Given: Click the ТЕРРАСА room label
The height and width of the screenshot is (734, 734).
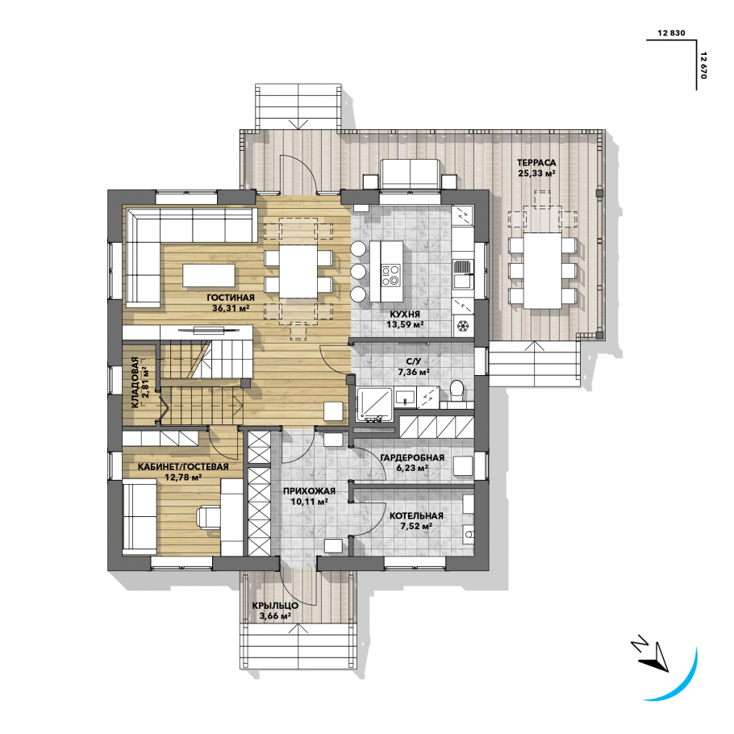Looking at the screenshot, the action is pyautogui.click(x=536, y=163).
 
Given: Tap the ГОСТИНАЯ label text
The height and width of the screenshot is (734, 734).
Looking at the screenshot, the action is pyautogui.click(x=231, y=298).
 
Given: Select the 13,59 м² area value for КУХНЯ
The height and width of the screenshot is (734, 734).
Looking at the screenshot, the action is pyautogui.click(x=405, y=324).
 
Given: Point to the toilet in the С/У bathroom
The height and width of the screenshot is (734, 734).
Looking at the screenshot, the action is pyautogui.click(x=457, y=391).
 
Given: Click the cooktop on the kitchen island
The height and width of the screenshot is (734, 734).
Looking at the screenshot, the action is pyautogui.click(x=391, y=276).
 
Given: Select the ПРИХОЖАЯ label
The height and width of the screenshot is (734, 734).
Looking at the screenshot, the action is pyautogui.click(x=309, y=491).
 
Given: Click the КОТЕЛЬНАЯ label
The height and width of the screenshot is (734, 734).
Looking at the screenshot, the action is pyautogui.click(x=416, y=516).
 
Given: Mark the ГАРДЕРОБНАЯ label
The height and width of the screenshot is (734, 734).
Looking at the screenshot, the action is pyautogui.click(x=412, y=457).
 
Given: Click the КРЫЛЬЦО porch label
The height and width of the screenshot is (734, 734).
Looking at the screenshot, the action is pyautogui.click(x=275, y=606).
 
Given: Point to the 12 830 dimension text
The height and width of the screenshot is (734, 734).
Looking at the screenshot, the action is pyautogui.click(x=671, y=33).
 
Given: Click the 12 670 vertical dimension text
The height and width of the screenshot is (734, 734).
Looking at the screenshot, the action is pyautogui.click(x=703, y=65).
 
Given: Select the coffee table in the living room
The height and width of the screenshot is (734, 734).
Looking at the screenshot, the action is pyautogui.click(x=209, y=275).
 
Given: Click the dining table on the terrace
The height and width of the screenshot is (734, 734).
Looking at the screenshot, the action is pyautogui.click(x=543, y=270).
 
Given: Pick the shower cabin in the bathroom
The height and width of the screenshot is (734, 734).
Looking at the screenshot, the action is pyautogui.click(x=375, y=406).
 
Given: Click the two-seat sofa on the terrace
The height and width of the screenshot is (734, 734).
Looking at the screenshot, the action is pyautogui.click(x=410, y=174).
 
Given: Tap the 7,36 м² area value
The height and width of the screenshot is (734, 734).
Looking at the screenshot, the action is pyautogui.click(x=414, y=372).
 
